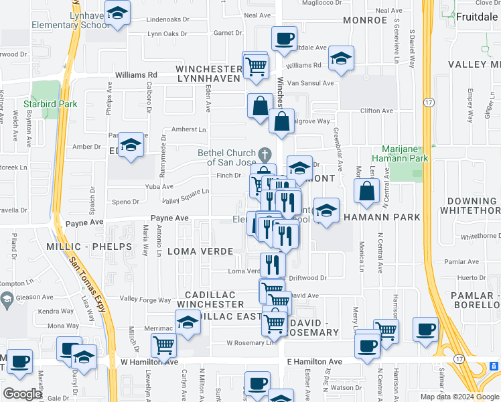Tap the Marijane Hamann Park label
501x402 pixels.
403,153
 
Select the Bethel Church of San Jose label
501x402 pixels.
226,157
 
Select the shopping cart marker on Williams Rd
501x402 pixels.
255,66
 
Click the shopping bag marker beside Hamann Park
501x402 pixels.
367,192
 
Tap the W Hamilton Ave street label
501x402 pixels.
149,362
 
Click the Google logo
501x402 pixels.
22,393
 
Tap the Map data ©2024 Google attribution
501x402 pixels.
459,397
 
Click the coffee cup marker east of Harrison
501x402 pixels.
425,330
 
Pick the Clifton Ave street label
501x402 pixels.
375,111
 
